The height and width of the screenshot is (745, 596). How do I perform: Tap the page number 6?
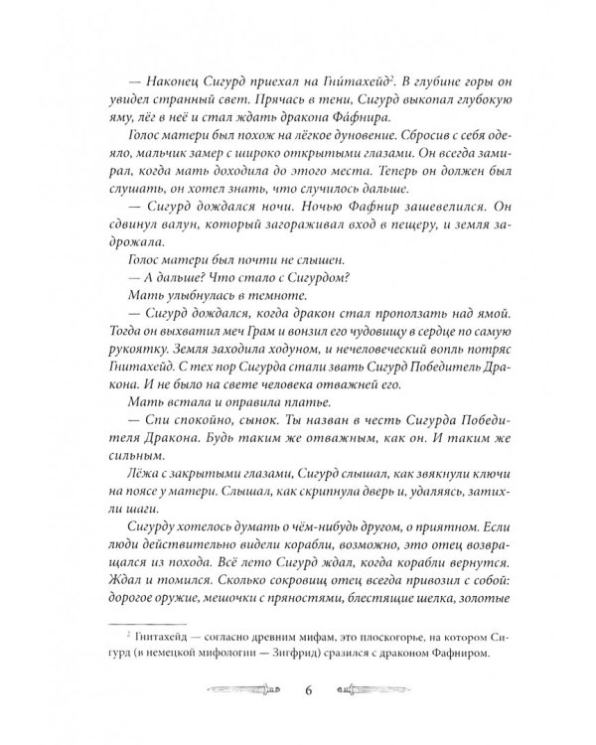[298, 685]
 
